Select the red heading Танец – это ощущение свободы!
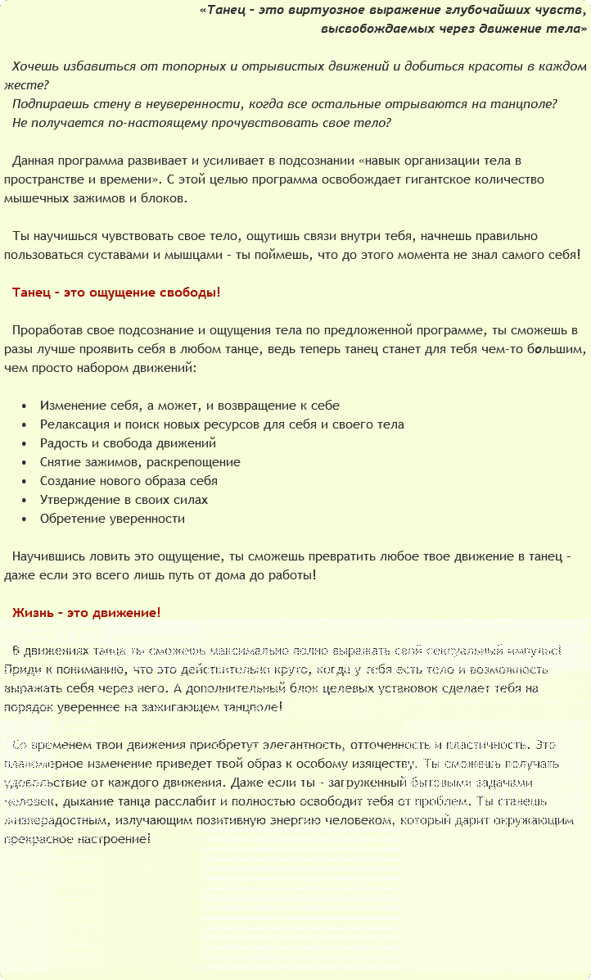pyautogui.click(x=116, y=293)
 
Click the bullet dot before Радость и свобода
pyautogui.click(x=25, y=444)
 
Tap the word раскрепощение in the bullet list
pyautogui.click(x=197, y=462)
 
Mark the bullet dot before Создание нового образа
pyautogui.click(x=25, y=482)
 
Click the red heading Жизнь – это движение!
pyautogui.click(x=87, y=612)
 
